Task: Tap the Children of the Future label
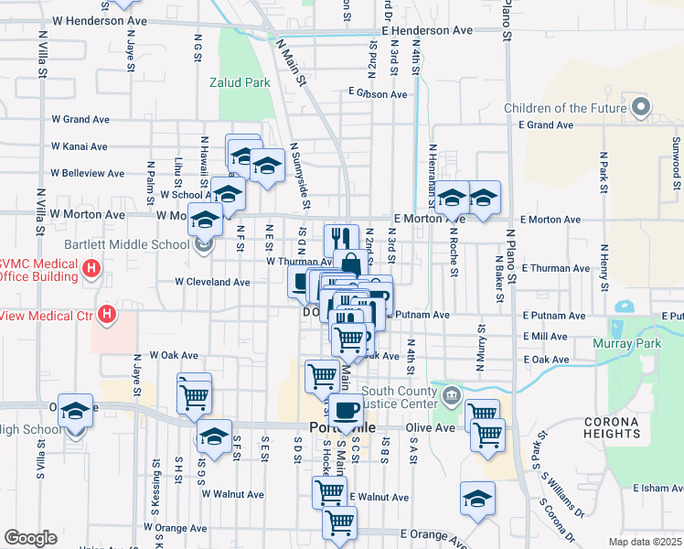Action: pos(565,108)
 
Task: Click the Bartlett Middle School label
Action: pos(126,244)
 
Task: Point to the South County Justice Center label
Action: pos(394,398)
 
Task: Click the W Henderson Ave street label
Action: pos(100,20)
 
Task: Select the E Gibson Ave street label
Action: pos(378,94)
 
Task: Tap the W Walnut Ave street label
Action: pos(233,494)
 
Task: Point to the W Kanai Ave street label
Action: pos(80,146)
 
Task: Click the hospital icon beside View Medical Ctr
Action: pos(108,316)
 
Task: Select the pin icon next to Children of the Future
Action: pos(641,108)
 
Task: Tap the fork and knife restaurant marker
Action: pos(341,240)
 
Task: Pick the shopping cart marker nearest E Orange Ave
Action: pos(339,522)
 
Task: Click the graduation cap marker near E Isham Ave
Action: pos(477,498)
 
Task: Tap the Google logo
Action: pos(30,538)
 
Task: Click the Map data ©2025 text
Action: pos(645,542)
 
